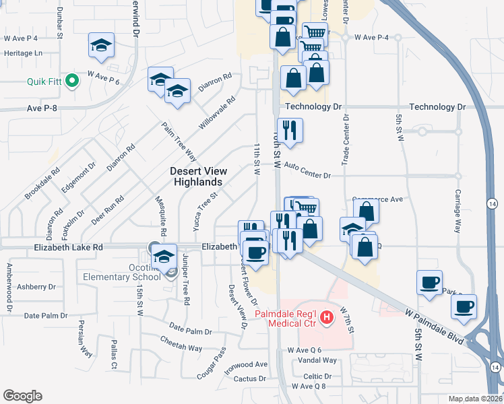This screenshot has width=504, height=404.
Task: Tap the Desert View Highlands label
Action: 197,177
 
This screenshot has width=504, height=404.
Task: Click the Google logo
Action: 23,396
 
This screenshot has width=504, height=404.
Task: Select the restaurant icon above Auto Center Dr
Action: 290,131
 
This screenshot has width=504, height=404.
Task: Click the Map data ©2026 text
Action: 475,399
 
